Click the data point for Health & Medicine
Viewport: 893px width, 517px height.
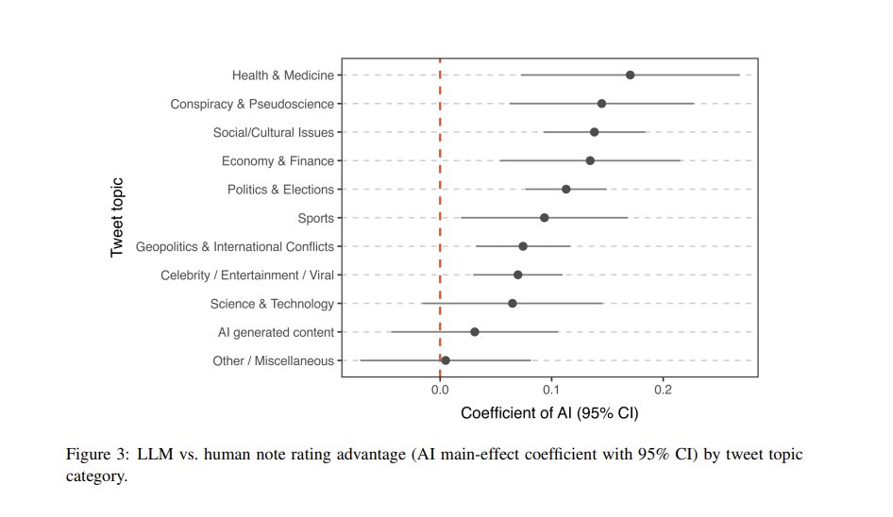[630, 75]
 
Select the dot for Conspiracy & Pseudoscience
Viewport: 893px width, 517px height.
[601, 104]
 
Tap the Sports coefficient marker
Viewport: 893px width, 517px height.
[544, 218]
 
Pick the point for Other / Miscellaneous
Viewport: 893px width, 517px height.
[446, 360]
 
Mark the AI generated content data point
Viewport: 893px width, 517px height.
[475, 332]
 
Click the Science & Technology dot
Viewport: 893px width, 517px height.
[512, 304]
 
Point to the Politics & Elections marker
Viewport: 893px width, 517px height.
[565, 190]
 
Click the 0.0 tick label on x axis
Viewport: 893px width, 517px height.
[440, 389]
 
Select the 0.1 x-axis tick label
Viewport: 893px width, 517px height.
[551, 389]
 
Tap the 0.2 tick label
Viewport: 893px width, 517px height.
[663, 389]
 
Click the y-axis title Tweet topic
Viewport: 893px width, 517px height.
[117, 218]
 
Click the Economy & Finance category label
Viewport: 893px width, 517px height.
[278, 161]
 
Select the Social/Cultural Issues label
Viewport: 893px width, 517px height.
[273, 133]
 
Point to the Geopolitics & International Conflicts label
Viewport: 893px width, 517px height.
[234, 247]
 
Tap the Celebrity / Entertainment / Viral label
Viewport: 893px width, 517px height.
[246, 275]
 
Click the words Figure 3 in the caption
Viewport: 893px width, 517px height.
[96, 455]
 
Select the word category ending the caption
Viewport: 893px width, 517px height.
[95, 476]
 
